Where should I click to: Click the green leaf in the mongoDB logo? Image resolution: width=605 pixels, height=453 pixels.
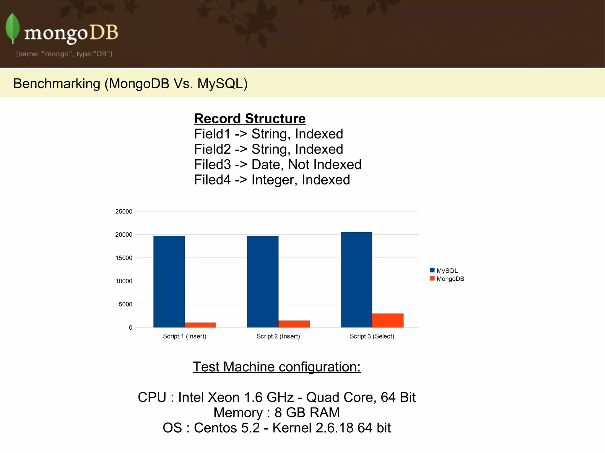pos(12,27)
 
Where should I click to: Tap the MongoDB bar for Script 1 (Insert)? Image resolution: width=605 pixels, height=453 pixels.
pos(200,325)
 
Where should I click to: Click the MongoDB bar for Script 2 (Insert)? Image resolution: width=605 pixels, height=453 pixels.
pos(294,324)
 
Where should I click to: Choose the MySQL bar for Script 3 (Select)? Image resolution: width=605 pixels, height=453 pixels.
pos(356,279)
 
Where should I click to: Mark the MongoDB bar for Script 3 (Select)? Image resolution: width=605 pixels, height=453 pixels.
pos(388,320)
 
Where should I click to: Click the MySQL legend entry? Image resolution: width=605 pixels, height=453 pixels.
pos(444,271)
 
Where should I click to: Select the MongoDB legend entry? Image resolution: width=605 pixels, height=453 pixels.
pos(447,279)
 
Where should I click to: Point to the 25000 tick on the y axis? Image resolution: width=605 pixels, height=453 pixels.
pos(124,212)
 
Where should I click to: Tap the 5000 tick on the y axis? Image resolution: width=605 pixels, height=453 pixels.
pos(126,304)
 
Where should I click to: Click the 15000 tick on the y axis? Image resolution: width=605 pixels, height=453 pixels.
pos(124,258)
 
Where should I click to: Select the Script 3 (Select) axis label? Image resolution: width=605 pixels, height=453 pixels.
pos(372,336)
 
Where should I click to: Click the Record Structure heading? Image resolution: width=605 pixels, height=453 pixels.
pos(250,119)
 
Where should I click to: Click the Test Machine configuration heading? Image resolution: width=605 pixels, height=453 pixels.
pos(277,367)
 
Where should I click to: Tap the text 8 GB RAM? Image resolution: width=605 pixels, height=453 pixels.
pos(307,413)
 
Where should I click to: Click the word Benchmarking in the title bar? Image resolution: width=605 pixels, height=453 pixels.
pos(57,84)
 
